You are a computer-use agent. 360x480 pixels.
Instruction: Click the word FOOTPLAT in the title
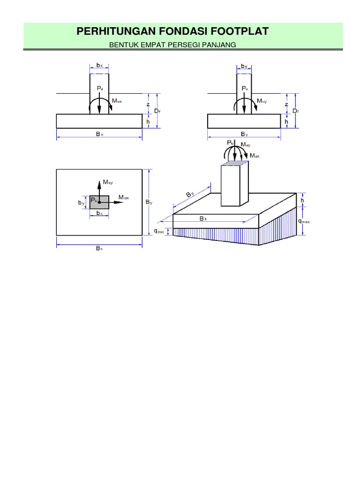coord(239,31)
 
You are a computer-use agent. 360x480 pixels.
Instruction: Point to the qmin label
coord(159,231)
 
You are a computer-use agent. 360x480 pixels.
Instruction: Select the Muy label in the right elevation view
coord(262,100)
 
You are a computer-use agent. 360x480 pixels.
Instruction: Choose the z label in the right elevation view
coord(286,104)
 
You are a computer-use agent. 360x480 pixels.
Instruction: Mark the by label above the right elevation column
coord(244,66)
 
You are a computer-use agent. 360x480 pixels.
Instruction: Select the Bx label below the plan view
coord(99,248)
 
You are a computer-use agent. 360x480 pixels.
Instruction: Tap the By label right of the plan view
coord(149,202)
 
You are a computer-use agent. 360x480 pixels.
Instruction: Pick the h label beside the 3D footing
coord(302,200)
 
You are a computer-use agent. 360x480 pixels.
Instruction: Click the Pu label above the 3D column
coord(230,142)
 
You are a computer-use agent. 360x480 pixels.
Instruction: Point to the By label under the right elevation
coord(244,134)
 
